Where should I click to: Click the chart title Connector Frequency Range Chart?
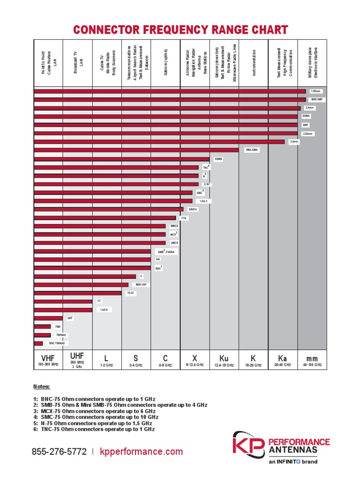180,30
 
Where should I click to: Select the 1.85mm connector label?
315,91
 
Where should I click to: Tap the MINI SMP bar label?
317,99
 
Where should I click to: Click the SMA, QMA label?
252,150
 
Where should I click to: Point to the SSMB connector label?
218,159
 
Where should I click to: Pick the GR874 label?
193,209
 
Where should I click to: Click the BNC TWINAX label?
57,343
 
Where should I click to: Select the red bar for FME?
42,327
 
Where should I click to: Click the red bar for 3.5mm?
159,142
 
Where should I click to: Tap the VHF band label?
48,358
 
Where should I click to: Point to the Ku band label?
224,359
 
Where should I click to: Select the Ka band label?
282,358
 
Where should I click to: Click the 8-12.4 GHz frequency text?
195,365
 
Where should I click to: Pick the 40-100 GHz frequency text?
312,365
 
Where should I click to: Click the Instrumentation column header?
254,63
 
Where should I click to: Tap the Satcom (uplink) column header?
165,63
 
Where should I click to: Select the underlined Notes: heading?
42,387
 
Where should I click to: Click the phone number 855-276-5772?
59,452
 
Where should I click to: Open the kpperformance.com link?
141,452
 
